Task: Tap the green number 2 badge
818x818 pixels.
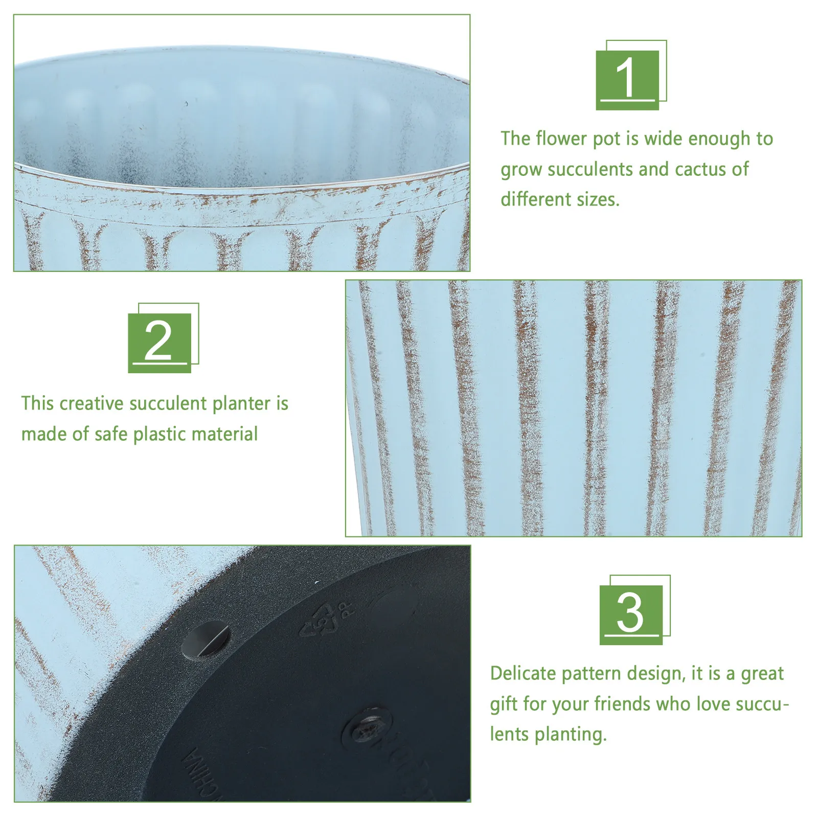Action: tap(159, 342)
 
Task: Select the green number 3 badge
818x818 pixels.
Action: tap(631, 614)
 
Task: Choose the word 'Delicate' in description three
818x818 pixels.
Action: tap(522, 673)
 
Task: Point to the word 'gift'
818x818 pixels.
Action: tap(503, 705)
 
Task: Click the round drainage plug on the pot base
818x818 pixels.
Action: tap(206, 640)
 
